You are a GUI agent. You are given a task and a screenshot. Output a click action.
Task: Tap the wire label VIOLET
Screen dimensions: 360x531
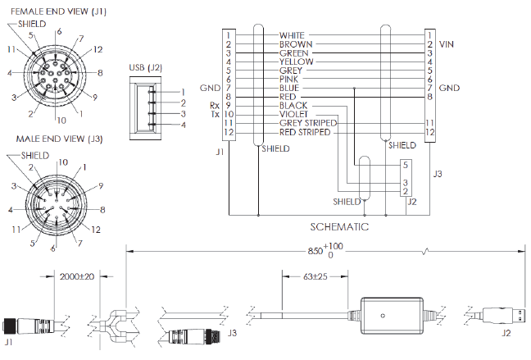click(x=293, y=114)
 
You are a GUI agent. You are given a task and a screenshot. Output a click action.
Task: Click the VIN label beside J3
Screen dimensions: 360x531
click(x=447, y=43)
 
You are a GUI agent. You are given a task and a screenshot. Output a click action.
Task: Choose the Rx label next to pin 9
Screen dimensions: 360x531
click(x=215, y=105)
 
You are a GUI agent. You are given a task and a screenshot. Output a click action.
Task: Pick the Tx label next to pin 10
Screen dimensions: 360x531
click(x=215, y=114)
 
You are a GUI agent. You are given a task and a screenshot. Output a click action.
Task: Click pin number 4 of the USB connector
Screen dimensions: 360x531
click(x=184, y=124)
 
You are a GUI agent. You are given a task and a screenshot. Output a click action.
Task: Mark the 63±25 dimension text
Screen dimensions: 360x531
click(x=315, y=278)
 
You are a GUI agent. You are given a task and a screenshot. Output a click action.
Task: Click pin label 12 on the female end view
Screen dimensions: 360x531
click(x=98, y=50)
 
